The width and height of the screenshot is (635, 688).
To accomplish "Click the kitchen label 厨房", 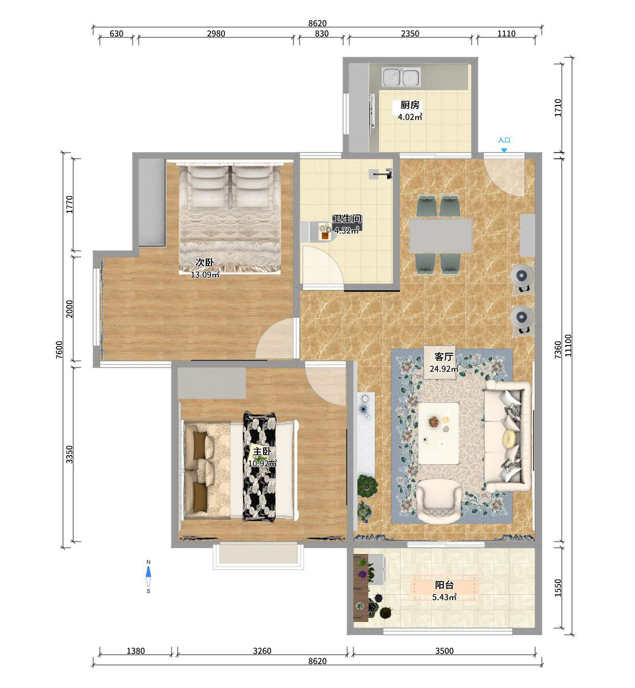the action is point(410,104).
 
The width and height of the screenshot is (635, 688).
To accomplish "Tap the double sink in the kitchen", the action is point(401,77).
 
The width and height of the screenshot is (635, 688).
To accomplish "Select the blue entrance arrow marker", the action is point(504,150).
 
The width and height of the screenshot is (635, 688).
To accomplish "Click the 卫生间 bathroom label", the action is point(347,219).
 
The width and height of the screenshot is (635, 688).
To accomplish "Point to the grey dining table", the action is point(440,235).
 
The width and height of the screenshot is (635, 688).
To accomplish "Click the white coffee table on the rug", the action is point(438,433).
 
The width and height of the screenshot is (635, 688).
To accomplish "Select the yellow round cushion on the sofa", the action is point(511,439).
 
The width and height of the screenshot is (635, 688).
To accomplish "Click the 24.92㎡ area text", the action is point(444,369).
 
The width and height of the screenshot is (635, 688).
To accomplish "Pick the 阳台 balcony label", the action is point(444,585).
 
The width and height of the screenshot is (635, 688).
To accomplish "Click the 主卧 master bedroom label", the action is point(262,451).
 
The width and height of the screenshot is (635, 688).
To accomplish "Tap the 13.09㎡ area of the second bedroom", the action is point(205,275).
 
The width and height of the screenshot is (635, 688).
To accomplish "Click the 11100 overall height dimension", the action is point(568,346).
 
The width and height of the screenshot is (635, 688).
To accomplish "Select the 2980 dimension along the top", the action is point(216,34).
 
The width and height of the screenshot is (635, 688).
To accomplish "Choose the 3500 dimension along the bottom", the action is point(444,651).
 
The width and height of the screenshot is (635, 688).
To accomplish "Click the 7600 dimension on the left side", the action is point(59,350).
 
